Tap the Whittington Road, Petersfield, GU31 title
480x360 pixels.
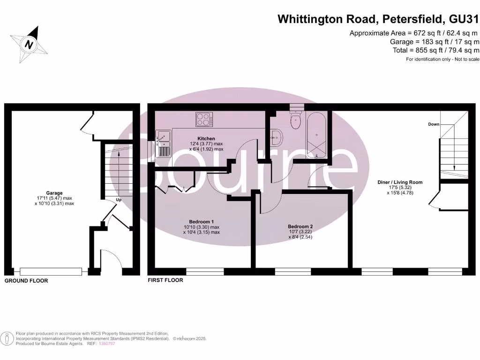(x=379, y=19)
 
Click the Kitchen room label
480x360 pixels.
(x=206, y=139)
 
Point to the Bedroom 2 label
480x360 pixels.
(x=300, y=226)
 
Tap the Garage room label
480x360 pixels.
(x=54, y=193)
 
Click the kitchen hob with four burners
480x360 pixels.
(x=204, y=120)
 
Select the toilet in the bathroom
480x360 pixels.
(x=296, y=120)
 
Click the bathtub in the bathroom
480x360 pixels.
(x=317, y=134)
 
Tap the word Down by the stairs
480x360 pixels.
(x=434, y=124)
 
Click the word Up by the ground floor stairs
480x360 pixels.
(x=120, y=200)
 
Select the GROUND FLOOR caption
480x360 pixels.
(x=26, y=281)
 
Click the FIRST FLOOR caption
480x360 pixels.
(x=165, y=280)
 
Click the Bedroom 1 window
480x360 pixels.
(x=205, y=271)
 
